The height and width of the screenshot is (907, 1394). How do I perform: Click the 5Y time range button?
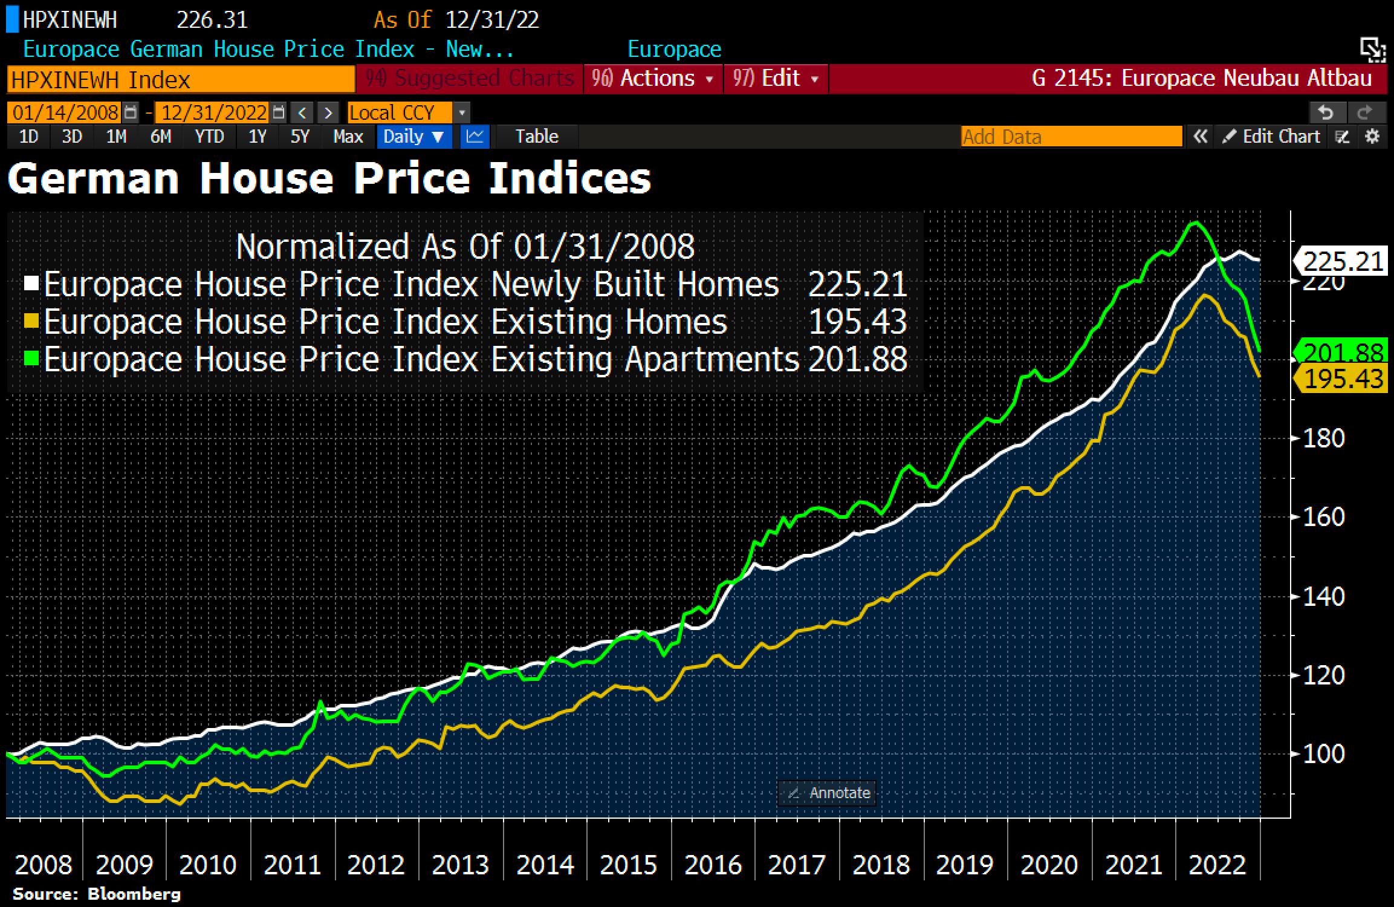300,137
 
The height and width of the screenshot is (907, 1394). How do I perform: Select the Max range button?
348,137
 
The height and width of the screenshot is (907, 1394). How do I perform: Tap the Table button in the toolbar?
536,137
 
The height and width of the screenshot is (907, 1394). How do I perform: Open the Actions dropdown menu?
653,79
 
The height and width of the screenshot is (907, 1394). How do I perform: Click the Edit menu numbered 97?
776,79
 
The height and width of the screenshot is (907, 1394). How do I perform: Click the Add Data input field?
1071,137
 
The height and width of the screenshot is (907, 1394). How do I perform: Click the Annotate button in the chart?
827,793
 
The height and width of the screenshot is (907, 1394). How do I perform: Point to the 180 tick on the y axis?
1323,438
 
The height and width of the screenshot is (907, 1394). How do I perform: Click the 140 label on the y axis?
1323,597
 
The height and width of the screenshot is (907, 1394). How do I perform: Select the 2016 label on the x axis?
713,865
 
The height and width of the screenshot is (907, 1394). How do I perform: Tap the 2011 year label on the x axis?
292,865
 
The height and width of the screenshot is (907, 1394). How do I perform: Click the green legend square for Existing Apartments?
32,359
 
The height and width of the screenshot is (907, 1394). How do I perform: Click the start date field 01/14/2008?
65,112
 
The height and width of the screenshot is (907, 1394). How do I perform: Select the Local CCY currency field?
399,112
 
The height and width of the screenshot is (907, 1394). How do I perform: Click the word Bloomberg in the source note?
134,894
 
